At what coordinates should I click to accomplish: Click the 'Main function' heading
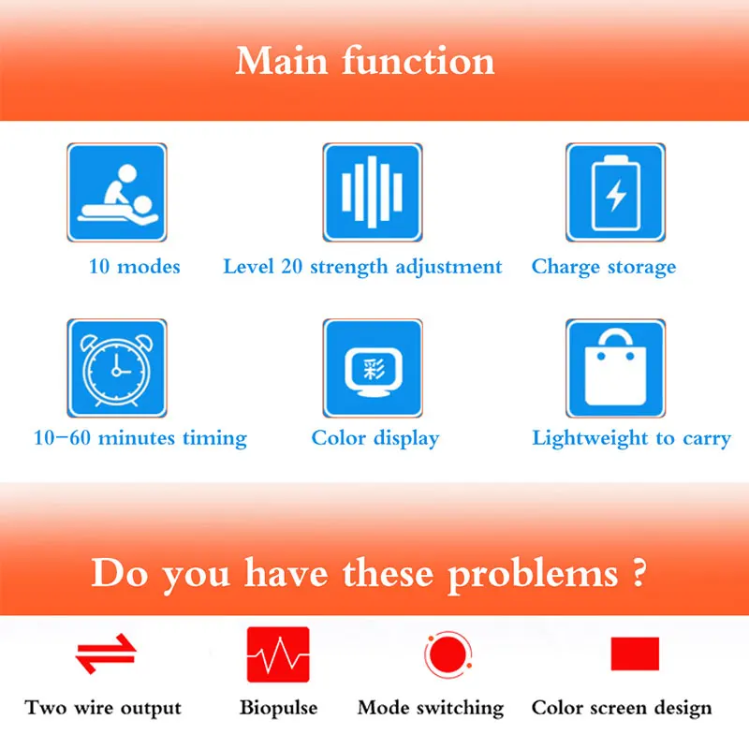365,61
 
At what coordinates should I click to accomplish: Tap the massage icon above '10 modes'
117,192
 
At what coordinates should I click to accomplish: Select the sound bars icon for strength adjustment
373,192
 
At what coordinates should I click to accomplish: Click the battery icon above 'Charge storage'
615,192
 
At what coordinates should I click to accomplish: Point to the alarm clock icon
117,368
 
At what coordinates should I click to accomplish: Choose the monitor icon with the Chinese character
373,368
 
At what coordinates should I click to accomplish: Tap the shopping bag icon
615,368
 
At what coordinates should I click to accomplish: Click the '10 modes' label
135,267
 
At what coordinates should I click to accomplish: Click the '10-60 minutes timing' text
140,438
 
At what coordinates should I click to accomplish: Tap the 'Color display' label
375,438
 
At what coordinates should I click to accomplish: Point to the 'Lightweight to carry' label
631,438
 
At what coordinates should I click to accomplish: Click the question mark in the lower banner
639,572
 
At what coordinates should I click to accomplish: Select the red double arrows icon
106,654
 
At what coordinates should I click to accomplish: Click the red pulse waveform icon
278,654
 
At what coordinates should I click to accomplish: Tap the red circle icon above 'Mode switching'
448,654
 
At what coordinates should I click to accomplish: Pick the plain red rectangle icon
635,654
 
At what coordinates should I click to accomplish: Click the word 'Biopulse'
278,708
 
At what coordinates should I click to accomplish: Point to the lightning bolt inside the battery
616,195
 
